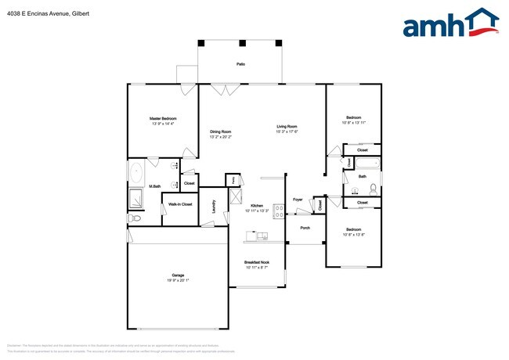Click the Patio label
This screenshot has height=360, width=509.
point(240,63)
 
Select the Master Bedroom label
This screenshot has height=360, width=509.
point(163,118)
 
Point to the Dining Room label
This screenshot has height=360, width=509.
point(220,131)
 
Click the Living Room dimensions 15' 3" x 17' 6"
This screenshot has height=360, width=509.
point(286,131)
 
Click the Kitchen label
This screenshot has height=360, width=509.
point(257,205)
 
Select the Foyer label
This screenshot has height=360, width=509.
point(298,200)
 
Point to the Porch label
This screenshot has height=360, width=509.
point(305,228)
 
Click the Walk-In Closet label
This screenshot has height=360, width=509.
point(181,205)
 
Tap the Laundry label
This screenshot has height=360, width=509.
point(214,207)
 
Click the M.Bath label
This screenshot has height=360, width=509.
point(134,185)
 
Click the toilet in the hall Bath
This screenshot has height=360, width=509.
point(374,188)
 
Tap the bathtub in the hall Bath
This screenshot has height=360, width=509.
point(366,164)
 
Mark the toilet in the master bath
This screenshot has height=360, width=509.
point(135,218)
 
